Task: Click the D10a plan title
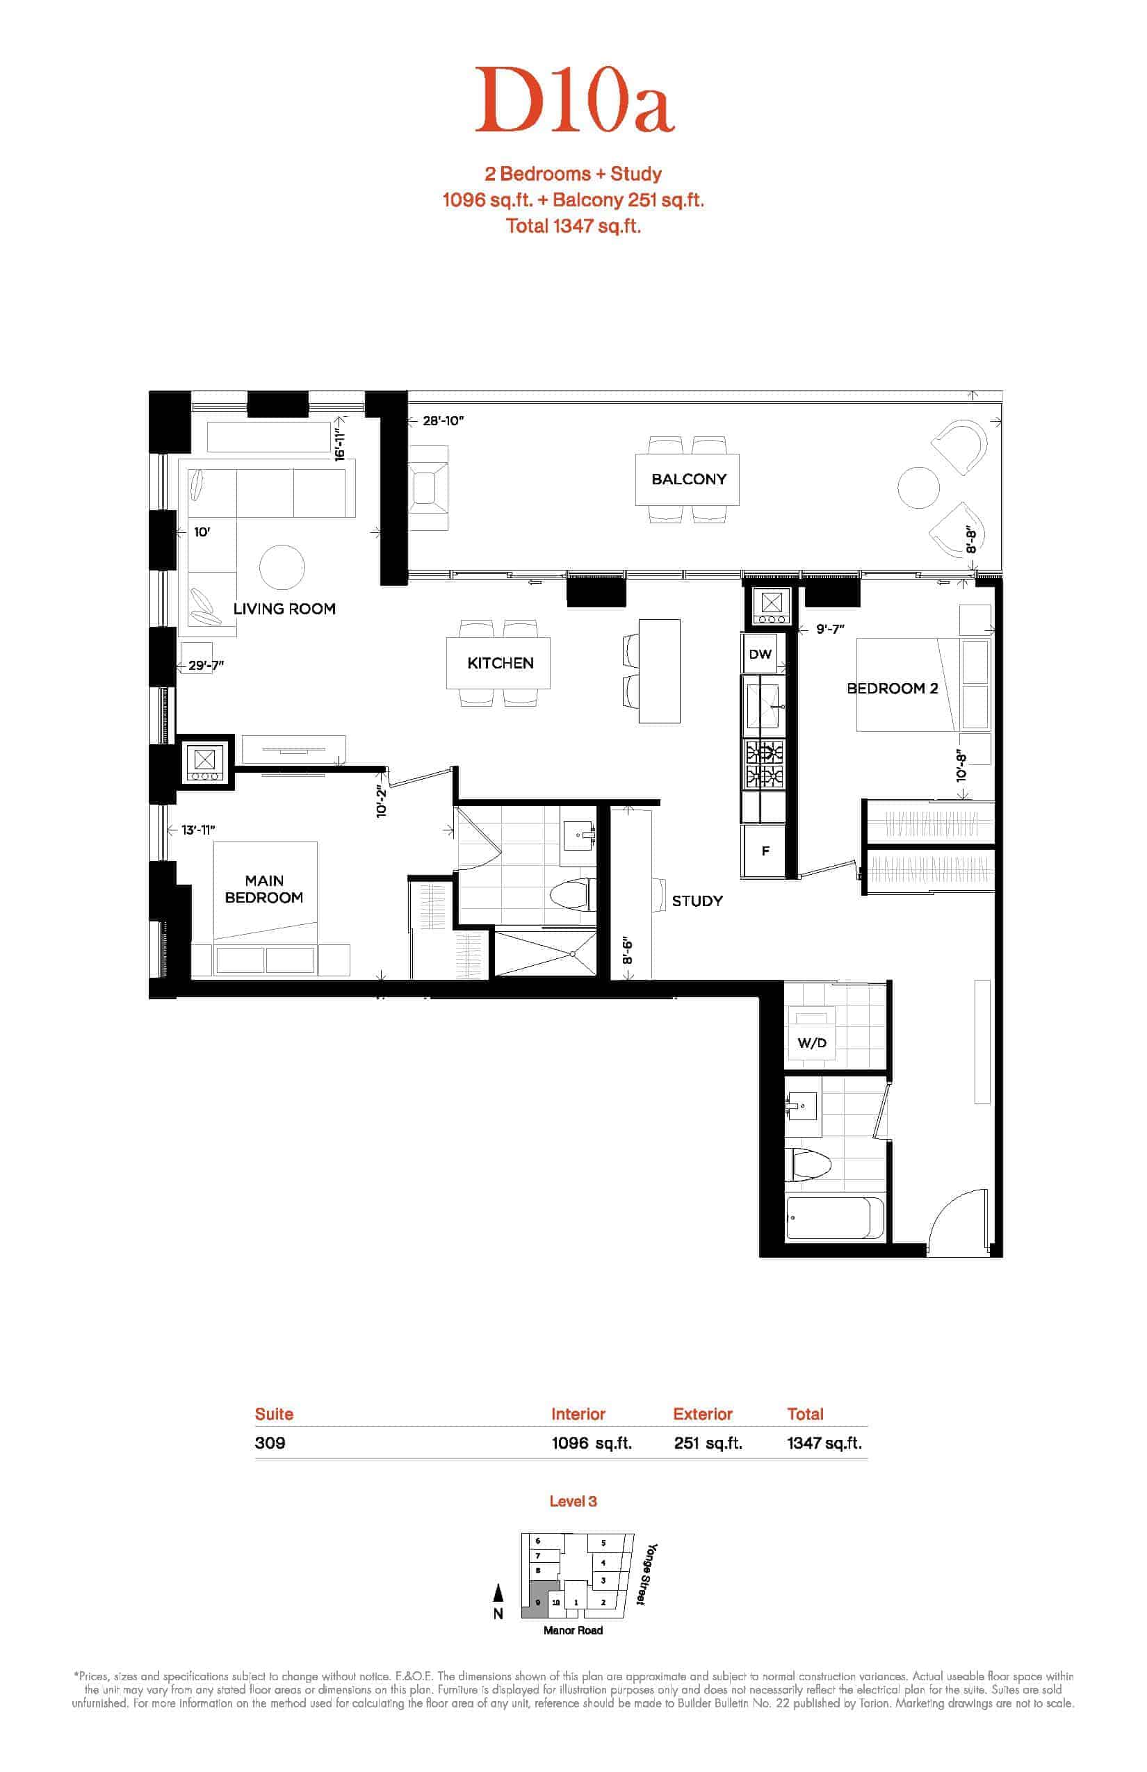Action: coord(574,100)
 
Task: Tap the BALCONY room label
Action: coord(689,479)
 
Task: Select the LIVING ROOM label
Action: coord(284,609)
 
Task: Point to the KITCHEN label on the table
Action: coord(501,664)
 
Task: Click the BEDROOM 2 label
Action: coord(893,689)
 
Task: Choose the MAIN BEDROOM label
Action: coord(264,889)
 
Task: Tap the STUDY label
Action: coord(697,901)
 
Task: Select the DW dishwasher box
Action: coord(760,655)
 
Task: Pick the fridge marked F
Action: coord(765,851)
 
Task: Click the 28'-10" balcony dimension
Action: coord(444,420)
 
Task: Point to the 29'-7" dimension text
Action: coord(206,666)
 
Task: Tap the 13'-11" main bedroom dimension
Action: coord(198,830)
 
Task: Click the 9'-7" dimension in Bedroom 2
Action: coord(830,629)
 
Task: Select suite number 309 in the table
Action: coord(270,1443)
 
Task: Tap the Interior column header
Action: coord(578,1414)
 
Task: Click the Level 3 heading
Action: coord(573,1501)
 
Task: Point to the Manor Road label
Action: coord(573,1630)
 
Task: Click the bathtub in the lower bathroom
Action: coord(836,1218)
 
